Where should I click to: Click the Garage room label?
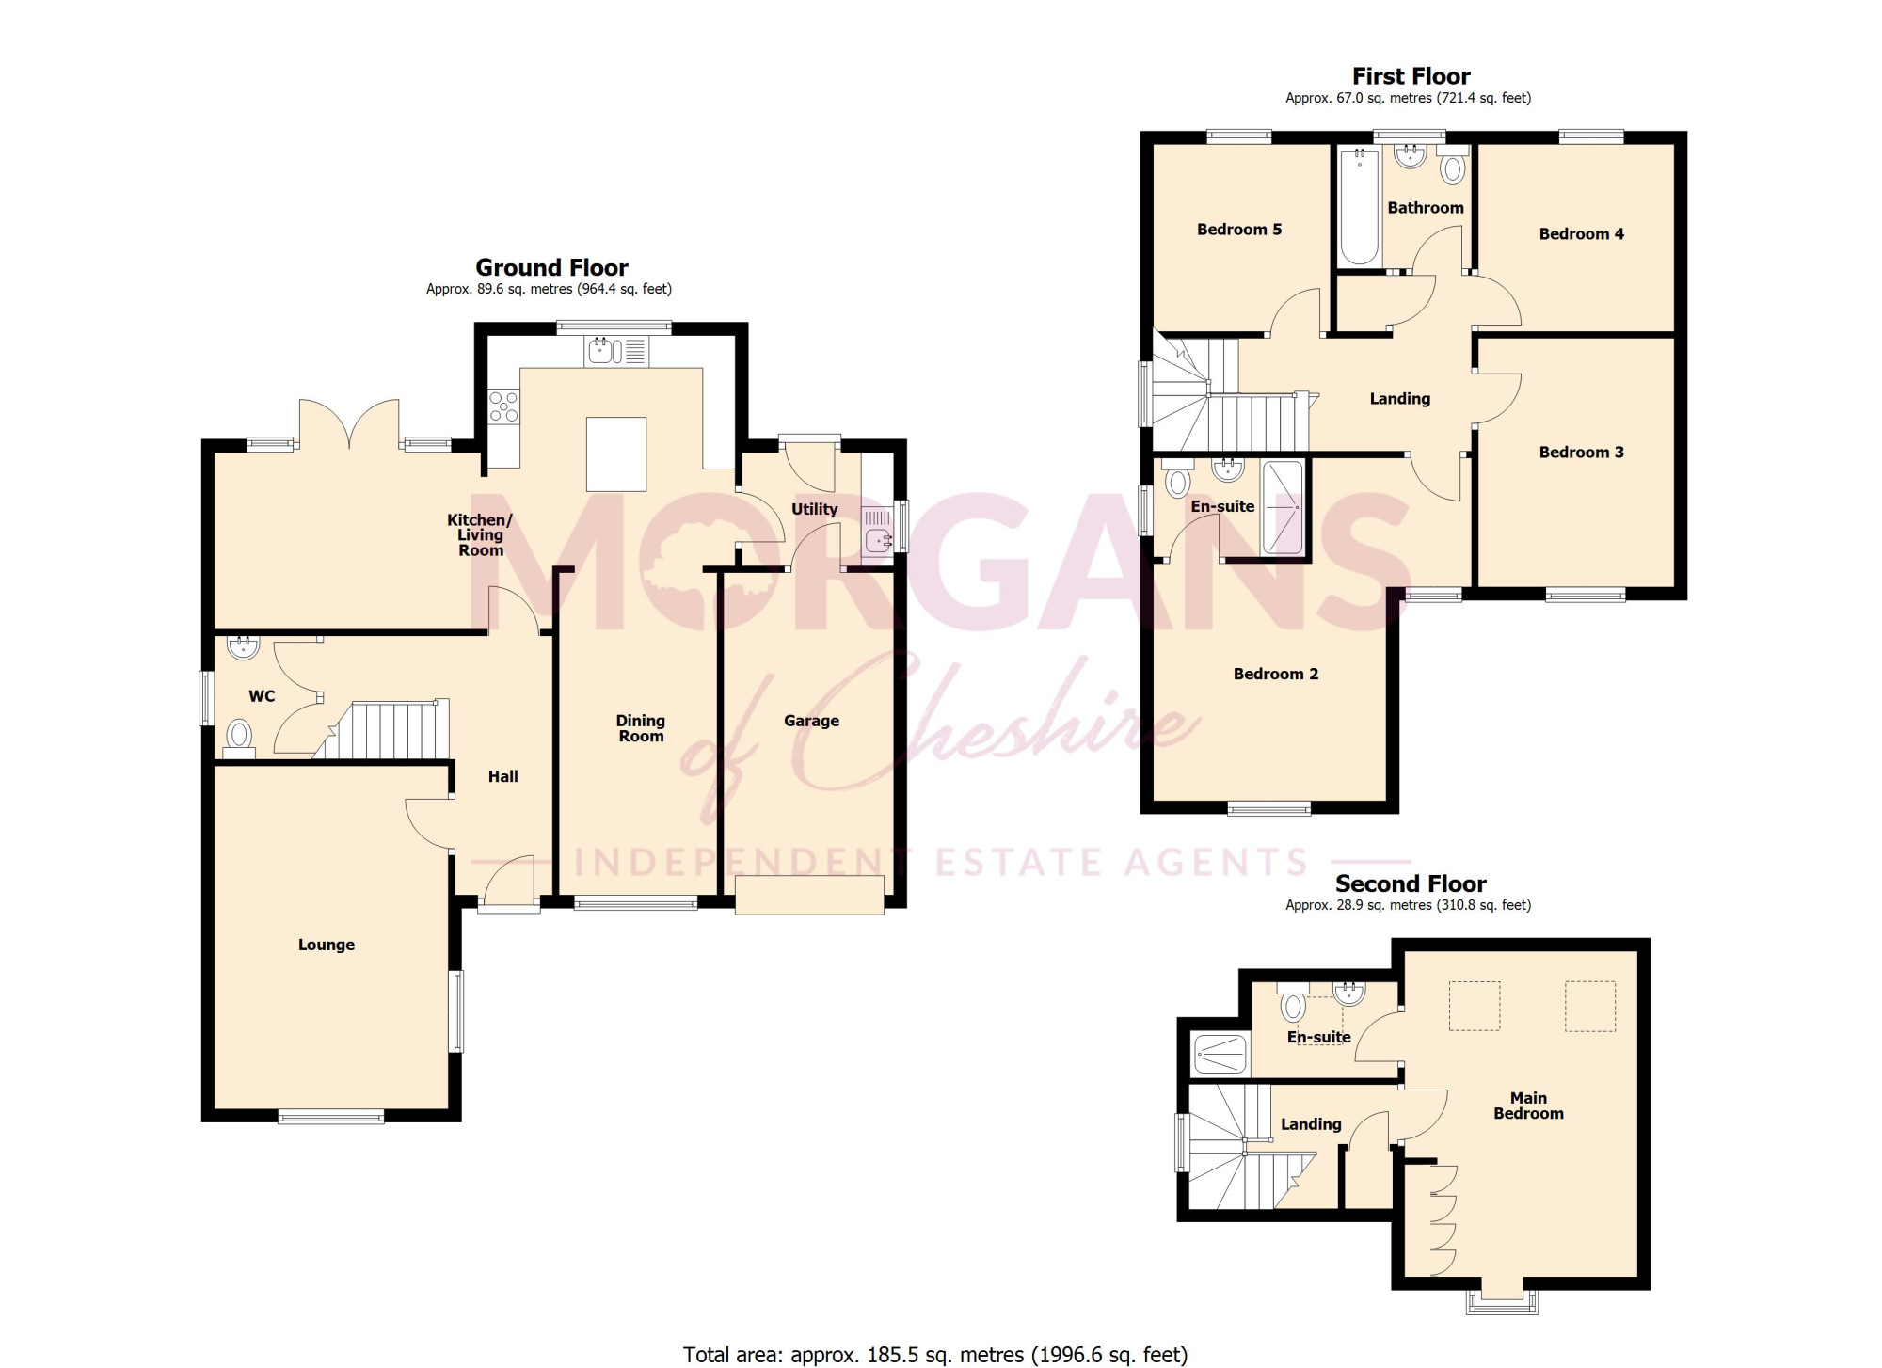(x=811, y=721)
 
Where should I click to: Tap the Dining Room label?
(x=641, y=728)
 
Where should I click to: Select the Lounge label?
(x=327, y=945)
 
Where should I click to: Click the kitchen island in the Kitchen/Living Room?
(x=616, y=454)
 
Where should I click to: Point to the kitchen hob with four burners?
(x=504, y=406)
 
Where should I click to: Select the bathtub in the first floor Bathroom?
(x=1359, y=206)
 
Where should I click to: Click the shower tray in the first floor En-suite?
(x=1283, y=508)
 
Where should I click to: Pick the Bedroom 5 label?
(x=1239, y=230)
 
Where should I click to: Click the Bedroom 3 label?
(x=1582, y=453)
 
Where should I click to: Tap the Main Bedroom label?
(x=1529, y=1106)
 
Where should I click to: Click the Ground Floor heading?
(x=551, y=268)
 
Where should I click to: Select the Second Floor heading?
(x=1411, y=884)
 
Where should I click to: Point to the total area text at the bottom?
(x=935, y=1355)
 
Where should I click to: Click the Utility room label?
(x=814, y=509)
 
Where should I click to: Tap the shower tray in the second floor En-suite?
(x=1220, y=1055)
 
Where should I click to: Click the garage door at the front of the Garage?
(x=810, y=895)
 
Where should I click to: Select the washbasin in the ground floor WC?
(x=244, y=646)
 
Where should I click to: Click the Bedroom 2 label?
(x=1276, y=675)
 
